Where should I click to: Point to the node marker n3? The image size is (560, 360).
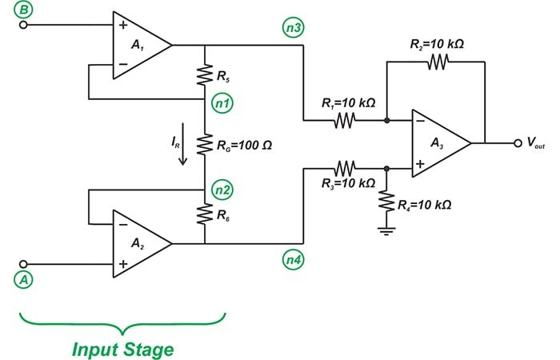tap(293, 29)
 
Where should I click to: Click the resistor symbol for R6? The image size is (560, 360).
tap(206, 216)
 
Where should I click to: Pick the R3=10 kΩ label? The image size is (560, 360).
tap(345, 183)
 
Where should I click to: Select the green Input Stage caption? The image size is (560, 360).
tap(122, 349)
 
